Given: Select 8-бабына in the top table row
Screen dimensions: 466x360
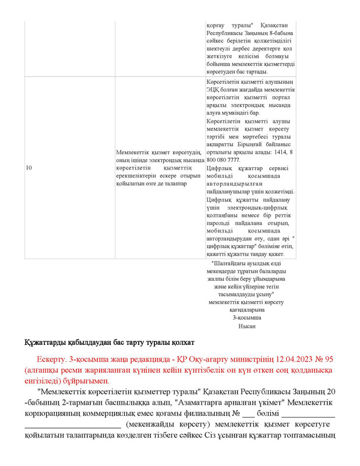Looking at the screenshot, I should pos(280,33).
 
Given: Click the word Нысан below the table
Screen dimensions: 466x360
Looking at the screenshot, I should pos(247,326).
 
